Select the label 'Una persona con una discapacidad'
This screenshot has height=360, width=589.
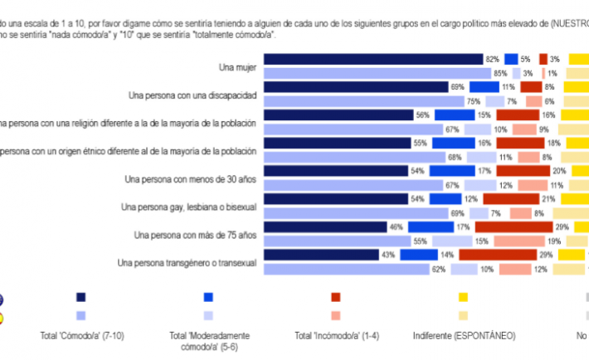tap(194, 95)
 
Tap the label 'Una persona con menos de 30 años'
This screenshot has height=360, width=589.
tap(190, 178)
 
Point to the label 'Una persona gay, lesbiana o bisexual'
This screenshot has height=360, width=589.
tap(187, 206)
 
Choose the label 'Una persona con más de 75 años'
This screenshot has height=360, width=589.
tap(195, 235)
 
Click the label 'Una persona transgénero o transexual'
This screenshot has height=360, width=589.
tap(187, 263)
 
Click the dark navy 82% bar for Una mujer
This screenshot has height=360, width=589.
tap(373, 59)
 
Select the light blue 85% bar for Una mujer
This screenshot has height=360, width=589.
tap(377, 73)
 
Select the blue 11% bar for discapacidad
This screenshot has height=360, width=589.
tap(483, 87)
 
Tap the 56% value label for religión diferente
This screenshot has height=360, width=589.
tap(422, 115)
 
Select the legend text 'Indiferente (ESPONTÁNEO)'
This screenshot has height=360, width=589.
tap(464, 336)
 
